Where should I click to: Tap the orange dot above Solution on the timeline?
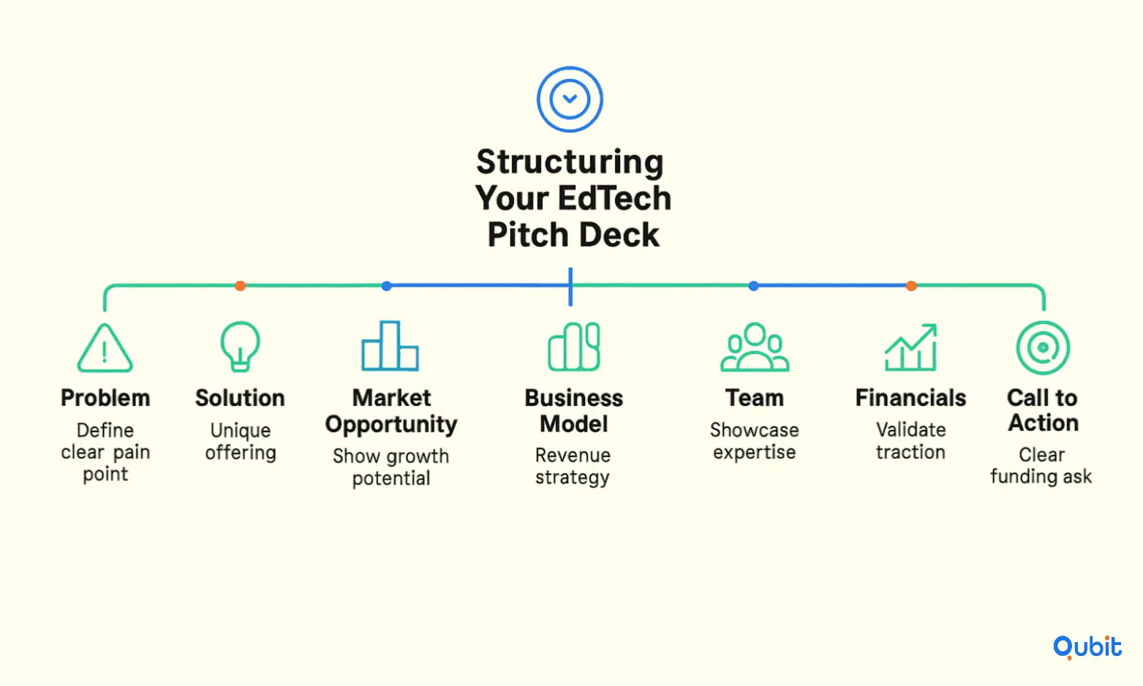point(241,286)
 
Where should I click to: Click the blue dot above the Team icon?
point(754,286)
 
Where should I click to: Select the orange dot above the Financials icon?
point(911,286)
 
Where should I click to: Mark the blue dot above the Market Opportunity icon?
point(387,286)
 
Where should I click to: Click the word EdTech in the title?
point(614,198)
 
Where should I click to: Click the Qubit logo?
point(1087,647)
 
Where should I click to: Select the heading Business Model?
point(573,411)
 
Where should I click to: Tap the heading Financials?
point(911,398)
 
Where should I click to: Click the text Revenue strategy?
point(573,467)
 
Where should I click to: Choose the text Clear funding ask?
point(1041,465)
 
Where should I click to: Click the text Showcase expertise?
point(754,442)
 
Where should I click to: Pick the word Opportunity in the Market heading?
point(391,425)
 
